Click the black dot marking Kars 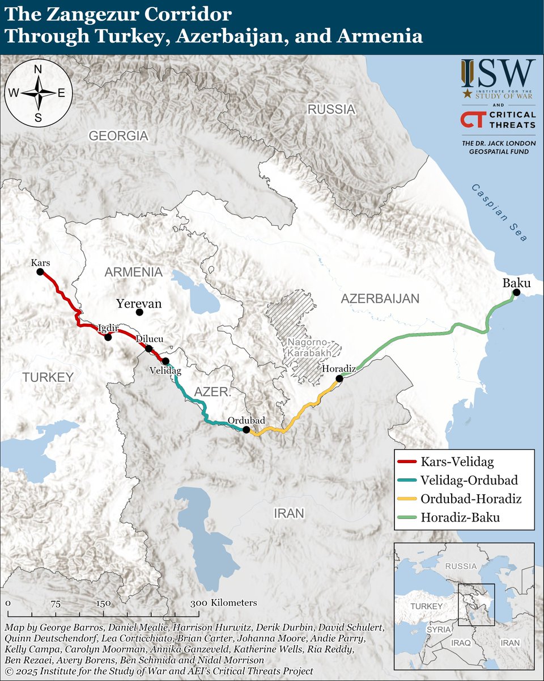pos(40,272)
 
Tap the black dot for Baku pos(516,293)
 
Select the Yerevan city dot pos(139,312)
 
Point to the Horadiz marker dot pos(339,379)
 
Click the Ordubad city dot pos(246,430)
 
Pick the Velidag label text pos(165,371)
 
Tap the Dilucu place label pos(150,339)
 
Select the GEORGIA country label pos(118,136)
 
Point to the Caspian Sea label pos(499,213)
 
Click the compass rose pos(39,94)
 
